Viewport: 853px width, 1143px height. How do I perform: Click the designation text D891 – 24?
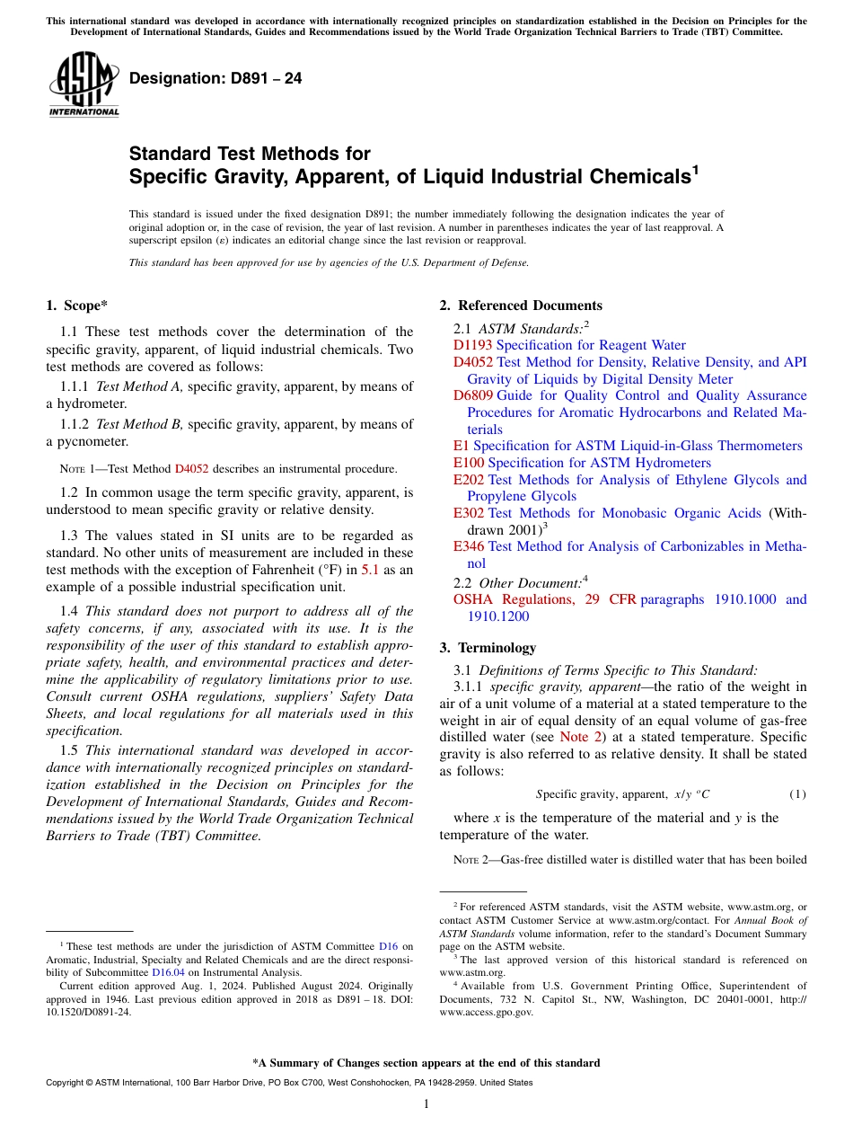click(215, 79)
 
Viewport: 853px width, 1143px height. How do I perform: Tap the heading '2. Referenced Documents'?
click(521, 306)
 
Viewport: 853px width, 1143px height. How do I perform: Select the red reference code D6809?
click(473, 395)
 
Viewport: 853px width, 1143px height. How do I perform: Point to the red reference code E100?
click(468, 463)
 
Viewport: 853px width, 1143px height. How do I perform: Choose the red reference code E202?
click(468, 480)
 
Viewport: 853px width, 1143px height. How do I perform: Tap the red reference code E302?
click(468, 513)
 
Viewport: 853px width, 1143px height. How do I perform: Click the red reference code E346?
click(468, 546)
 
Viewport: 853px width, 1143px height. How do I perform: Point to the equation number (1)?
click(797, 794)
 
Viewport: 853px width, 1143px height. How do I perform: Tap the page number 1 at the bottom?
click(426, 1103)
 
